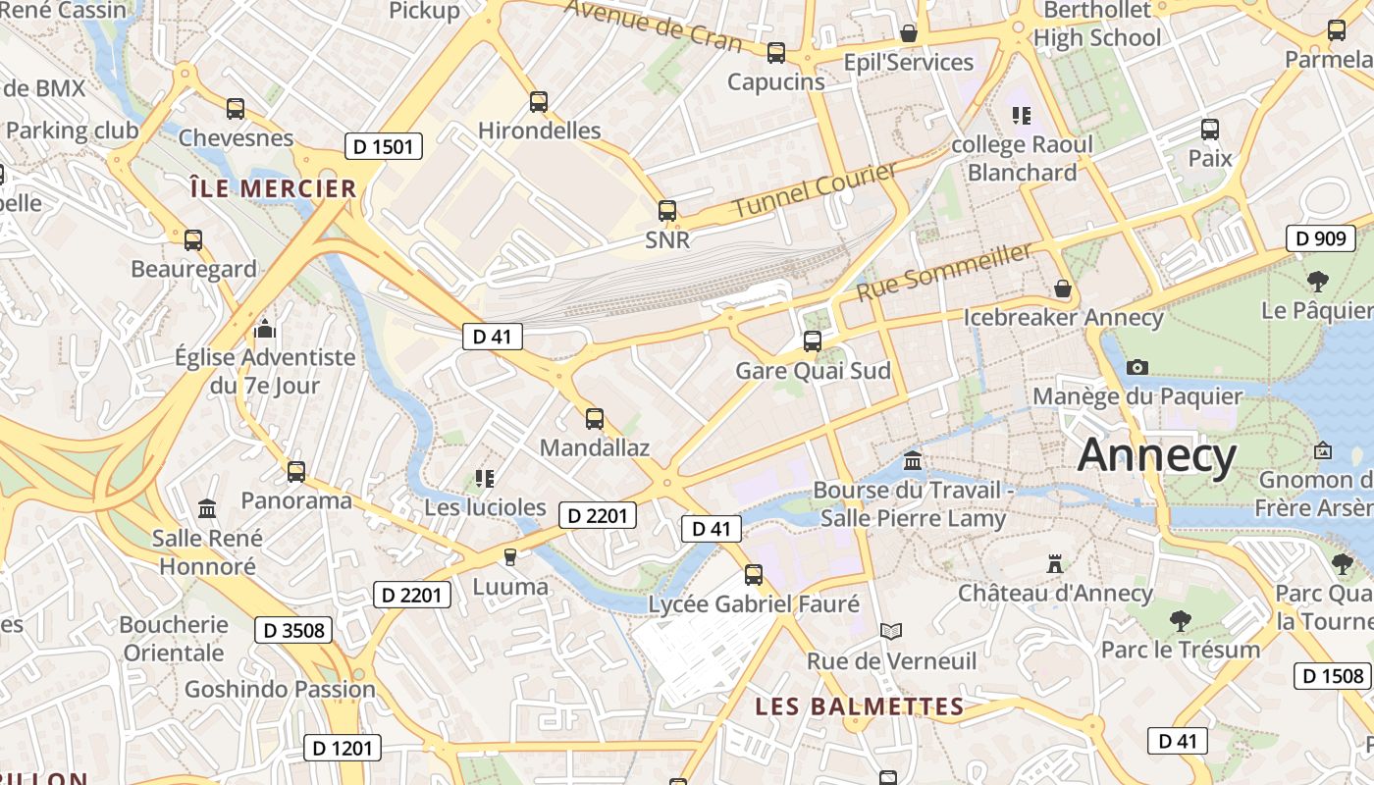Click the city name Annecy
(1157, 456)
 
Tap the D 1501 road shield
(384, 147)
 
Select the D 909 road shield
(1320, 238)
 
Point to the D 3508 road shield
(293, 630)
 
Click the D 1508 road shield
(1332, 675)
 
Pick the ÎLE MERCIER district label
(273, 188)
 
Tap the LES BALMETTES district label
(859, 706)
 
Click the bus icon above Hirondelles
(538, 101)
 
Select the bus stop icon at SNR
(667, 210)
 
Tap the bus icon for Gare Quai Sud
(813, 341)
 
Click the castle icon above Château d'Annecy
(1055, 564)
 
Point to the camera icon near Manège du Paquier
(1137, 367)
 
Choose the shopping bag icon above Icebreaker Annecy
(1062, 288)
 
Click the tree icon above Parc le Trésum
(1180, 620)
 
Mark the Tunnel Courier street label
(815, 190)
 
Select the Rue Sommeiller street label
(944, 272)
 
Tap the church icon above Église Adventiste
(265, 329)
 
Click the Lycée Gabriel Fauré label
(754, 604)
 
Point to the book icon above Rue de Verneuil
(891, 631)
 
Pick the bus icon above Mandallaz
(594, 419)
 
